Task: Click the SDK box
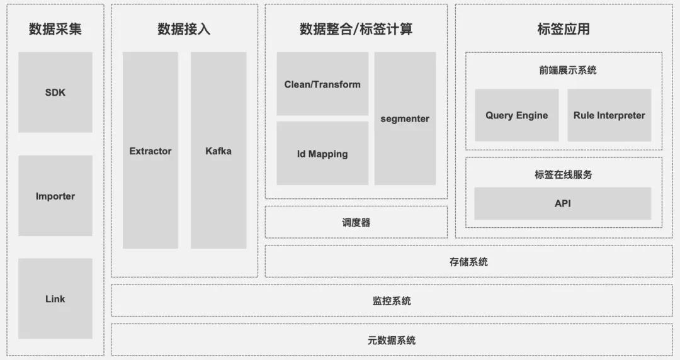pyautogui.click(x=55, y=93)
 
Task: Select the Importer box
pyautogui.click(x=55, y=196)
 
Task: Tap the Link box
pyautogui.click(x=55, y=299)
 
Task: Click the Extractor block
pyautogui.click(x=150, y=151)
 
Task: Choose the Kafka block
pyautogui.click(x=218, y=151)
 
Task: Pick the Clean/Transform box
pyautogui.click(x=322, y=84)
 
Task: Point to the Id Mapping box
pyautogui.click(x=322, y=154)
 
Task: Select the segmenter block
pyautogui.click(x=405, y=118)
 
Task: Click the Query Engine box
pyautogui.click(x=516, y=115)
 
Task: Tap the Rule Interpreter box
pyautogui.click(x=609, y=115)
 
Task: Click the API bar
pyautogui.click(x=562, y=203)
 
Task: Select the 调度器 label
pyautogui.click(x=356, y=223)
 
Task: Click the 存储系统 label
pyautogui.click(x=468, y=262)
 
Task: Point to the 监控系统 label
pyautogui.click(x=392, y=301)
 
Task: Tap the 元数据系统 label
pyautogui.click(x=392, y=340)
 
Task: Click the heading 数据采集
pyautogui.click(x=55, y=29)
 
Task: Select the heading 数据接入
pyautogui.click(x=184, y=29)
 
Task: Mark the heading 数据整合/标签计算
pyautogui.click(x=356, y=29)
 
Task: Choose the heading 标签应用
pyautogui.click(x=564, y=29)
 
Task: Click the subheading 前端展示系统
pyautogui.click(x=564, y=70)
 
